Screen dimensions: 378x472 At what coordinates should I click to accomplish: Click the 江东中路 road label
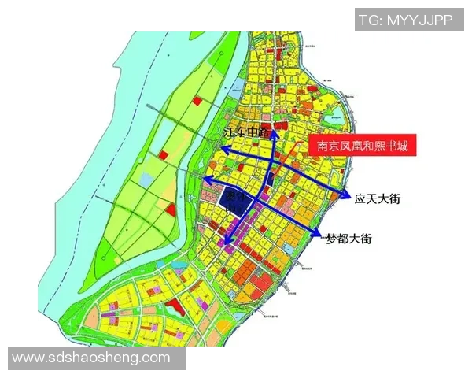pos(249,133)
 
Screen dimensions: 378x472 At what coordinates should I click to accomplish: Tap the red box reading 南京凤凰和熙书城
pos(362,146)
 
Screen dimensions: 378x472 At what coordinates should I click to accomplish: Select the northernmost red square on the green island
pos(197,101)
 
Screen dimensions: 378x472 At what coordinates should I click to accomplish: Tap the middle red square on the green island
pos(163,155)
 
